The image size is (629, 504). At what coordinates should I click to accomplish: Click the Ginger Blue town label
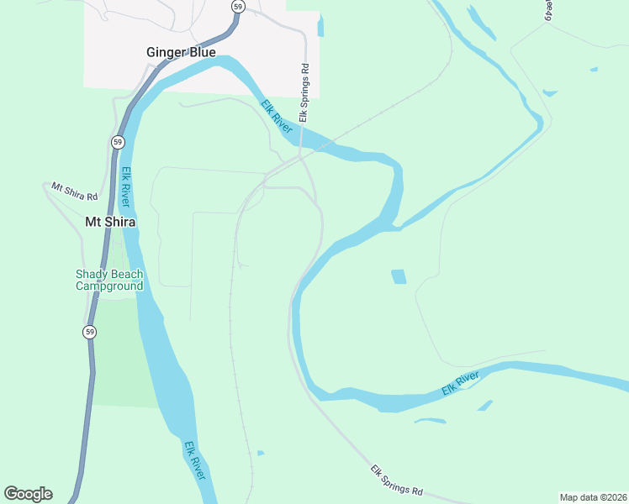coord(181,52)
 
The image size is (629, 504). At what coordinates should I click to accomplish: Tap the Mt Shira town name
coord(110,222)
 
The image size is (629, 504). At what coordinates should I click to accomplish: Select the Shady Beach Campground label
coord(109,280)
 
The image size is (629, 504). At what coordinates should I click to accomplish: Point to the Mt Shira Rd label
coord(75,191)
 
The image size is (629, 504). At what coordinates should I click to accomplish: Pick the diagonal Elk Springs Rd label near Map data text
coord(396,480)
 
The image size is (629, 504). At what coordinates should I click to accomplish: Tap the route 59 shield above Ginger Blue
coord(239,7)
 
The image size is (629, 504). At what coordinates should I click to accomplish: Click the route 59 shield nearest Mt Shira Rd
coord(118,141)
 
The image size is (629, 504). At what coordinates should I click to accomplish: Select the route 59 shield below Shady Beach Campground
coord(90,332)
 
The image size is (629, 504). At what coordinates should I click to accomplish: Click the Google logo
coord(28,494)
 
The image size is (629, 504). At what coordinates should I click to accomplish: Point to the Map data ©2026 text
coord(593,497)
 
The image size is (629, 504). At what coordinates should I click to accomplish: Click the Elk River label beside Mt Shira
coord(127,189)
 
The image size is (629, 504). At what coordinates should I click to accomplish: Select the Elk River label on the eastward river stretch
coord(460,385)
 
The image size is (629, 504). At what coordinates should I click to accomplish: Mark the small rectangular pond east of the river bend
coord(399,276)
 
